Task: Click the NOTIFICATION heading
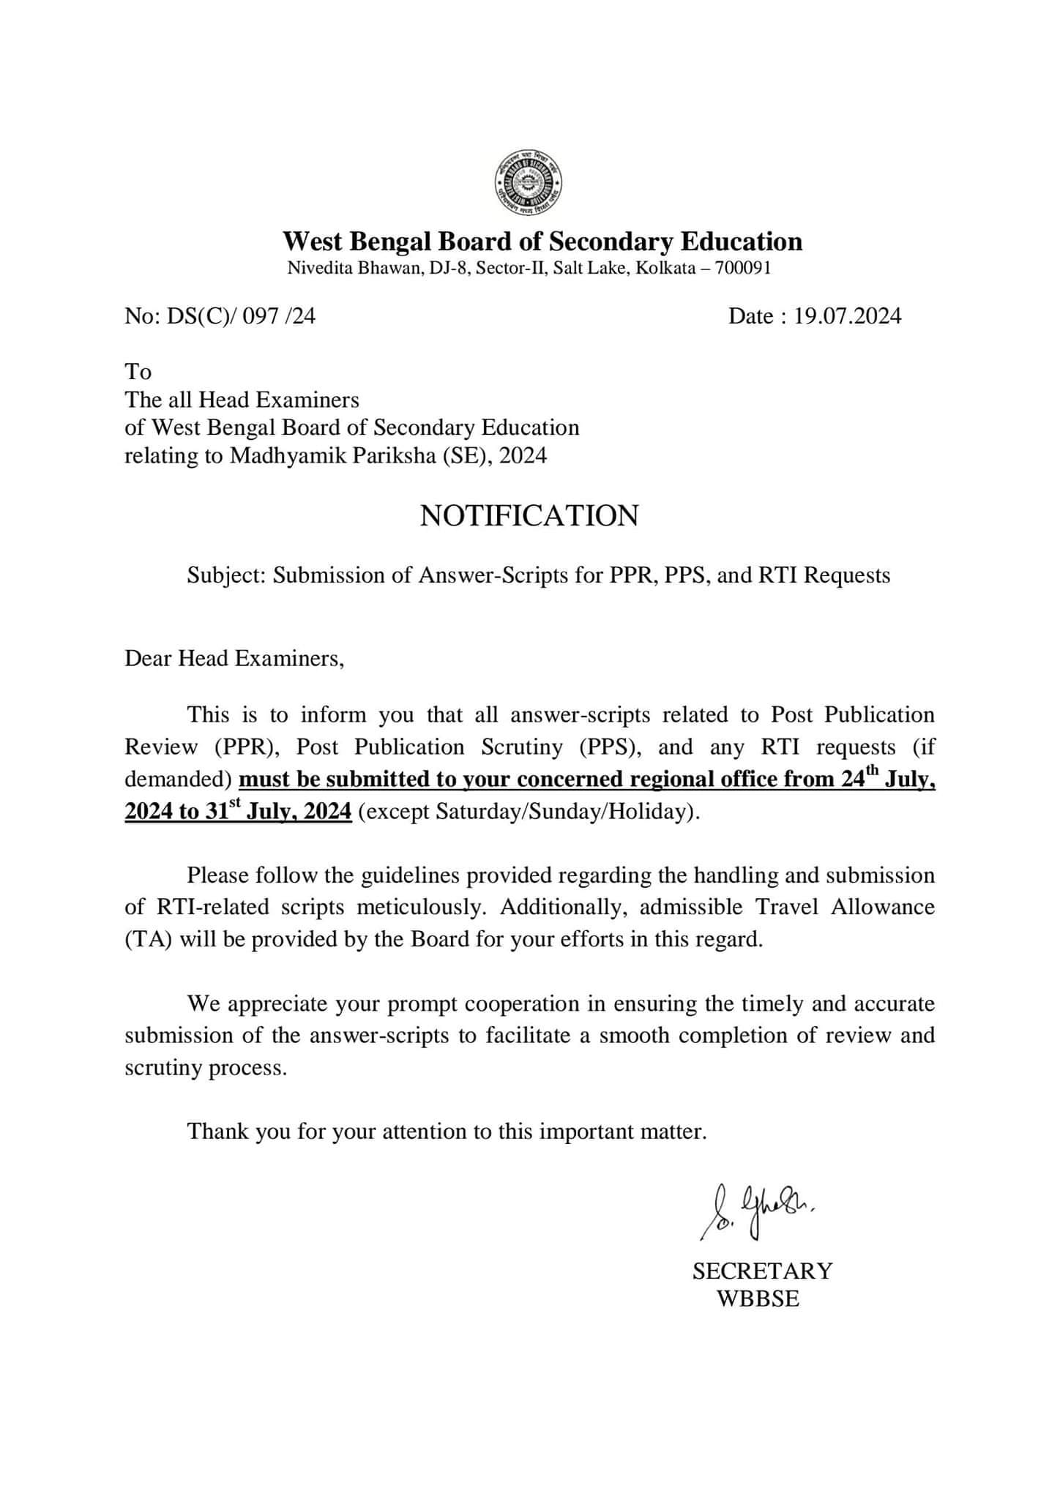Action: coord(529,516)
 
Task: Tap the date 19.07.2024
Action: coord(848,316)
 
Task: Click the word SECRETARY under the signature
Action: coord(762,1271)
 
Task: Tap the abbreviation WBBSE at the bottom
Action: coord(758,1299)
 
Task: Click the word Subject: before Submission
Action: coord(227,575)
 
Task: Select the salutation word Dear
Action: coord(149,659)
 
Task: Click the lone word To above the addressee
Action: coord(138,372)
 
